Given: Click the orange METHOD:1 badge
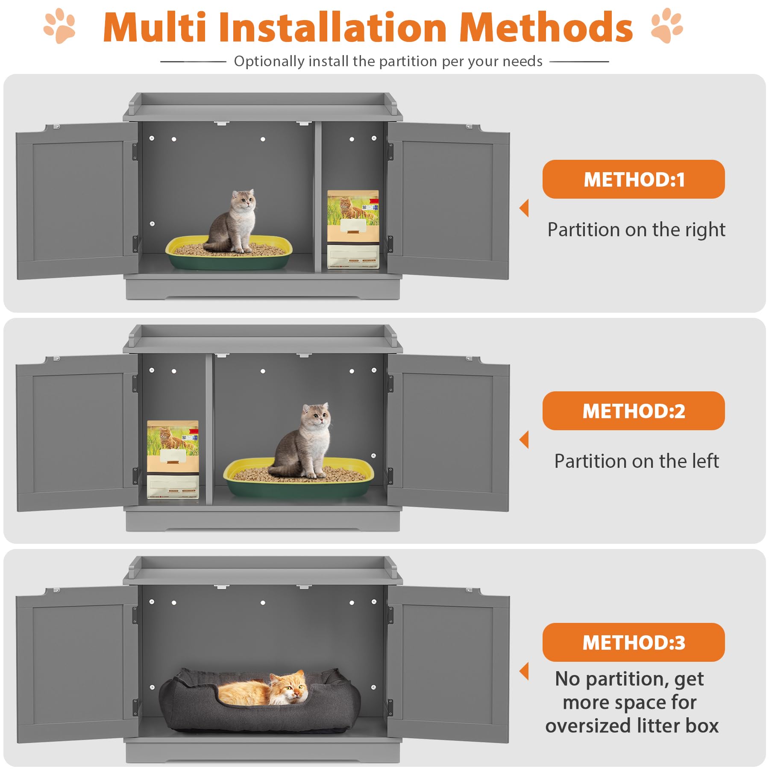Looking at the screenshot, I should (x=633, y=179).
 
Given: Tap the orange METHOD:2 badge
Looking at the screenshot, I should (x=633, y=411).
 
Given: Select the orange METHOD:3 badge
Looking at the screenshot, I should (x=633, y=643).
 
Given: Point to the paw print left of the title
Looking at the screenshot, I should (x=60, y=26).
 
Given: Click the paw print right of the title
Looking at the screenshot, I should (x=666, y=26).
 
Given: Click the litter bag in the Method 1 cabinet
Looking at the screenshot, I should (x=353, y=229).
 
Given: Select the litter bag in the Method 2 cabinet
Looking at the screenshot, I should (x=173, y=460).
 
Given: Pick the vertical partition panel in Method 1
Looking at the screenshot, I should (x=318, y=197).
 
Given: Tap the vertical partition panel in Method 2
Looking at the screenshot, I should (x=209, y=429).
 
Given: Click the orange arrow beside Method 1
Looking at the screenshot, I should (x=524, y=208).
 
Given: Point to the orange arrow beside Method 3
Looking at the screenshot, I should (x=524, y=671).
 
